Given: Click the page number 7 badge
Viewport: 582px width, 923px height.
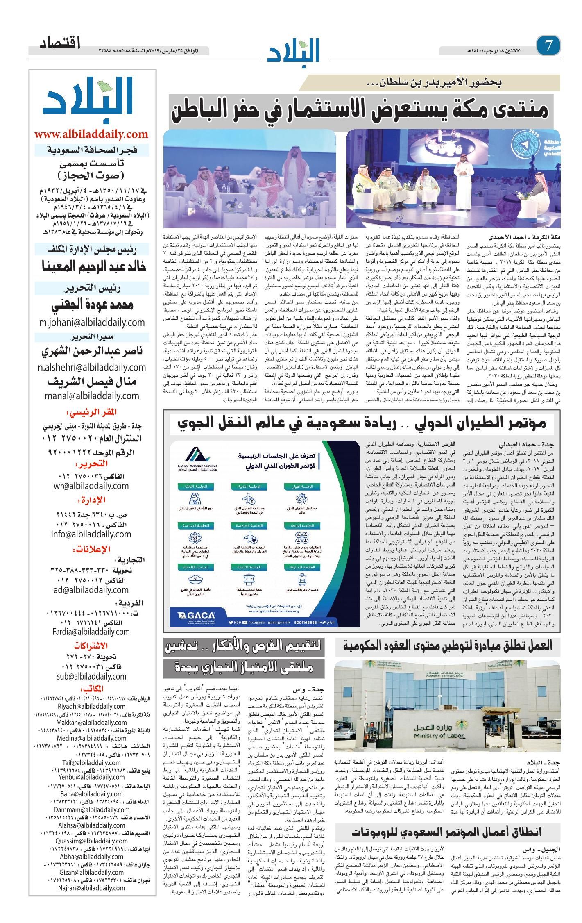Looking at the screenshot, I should point(549,45).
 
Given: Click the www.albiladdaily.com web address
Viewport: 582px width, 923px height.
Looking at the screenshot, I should point(91,134).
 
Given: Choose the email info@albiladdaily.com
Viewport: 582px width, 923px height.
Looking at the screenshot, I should point(91,534).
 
